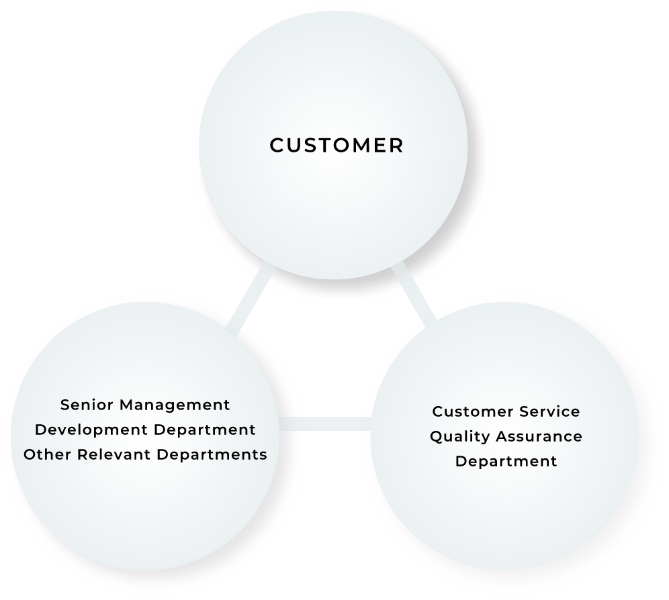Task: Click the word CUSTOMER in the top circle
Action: (337, 146)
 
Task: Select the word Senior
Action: (81, 405)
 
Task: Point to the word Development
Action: (81, 430)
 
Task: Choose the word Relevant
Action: (115, 454)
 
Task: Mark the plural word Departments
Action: (212, 454)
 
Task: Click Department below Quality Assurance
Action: (506, 462)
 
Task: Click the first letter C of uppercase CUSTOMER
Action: (276, 146)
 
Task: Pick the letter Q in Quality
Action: (436, 437)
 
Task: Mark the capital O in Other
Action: (30, 454)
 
